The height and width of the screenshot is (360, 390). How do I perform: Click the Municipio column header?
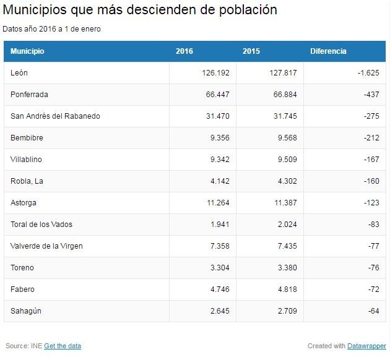[x=27, y=51]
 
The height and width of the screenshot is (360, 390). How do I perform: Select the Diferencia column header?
[x=328, y=51]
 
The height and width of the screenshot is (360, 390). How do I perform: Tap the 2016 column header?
[x=184, y=51]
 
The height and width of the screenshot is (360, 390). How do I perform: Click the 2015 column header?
[x=251, y=51]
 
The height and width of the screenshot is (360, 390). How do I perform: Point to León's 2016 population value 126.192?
[x=215, y=73]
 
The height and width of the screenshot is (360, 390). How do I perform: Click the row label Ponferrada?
[x=29, y=95]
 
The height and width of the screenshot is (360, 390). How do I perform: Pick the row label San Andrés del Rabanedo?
[x=55, y=116]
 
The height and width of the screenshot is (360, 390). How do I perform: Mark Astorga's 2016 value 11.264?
[x=217, y=203]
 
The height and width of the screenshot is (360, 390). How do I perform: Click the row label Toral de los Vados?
[x=41, y=225]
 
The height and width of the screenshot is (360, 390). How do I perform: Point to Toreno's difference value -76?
[x=373, y=268]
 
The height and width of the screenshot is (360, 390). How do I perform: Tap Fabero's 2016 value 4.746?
[x=219, y=289]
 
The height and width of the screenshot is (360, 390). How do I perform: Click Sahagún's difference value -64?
[x=373, y=311]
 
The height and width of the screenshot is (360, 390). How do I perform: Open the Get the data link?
[x=63, y=346]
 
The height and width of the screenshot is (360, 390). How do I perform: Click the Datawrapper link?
[x=366, y=346]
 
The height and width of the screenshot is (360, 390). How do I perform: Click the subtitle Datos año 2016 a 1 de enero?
[x=51, y=28]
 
